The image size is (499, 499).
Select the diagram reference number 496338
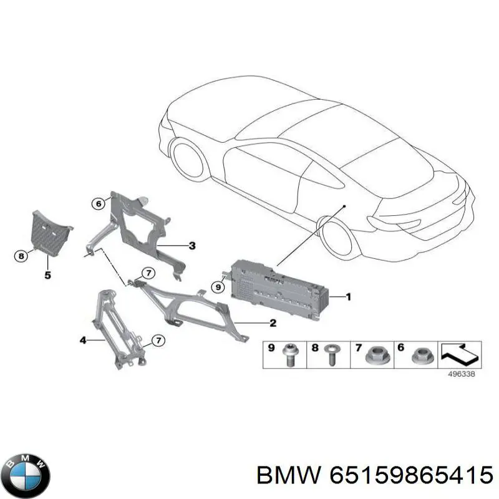pos(461,374)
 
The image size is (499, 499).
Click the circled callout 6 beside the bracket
pos(99,203)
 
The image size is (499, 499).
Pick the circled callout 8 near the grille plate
pos(21,256)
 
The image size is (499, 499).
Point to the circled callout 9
pos(218,288)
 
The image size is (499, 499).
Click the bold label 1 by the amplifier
pos(349,297)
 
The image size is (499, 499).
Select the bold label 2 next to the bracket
pos(273,323)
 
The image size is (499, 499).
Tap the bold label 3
pos(192,246)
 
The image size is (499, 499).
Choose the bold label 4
pos(83,341)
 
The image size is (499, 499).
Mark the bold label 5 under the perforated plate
pos(47,275)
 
